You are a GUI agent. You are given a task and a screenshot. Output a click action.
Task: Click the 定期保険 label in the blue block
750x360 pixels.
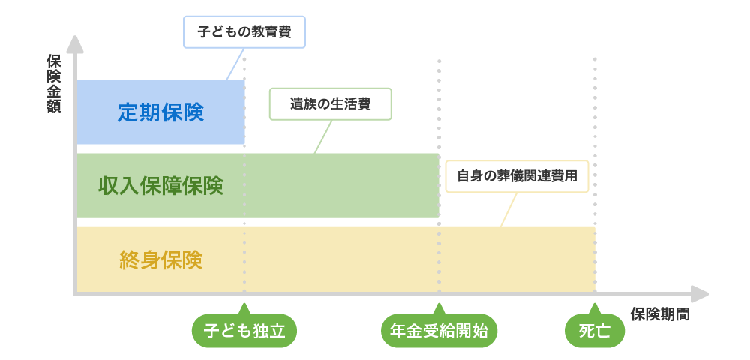click(x=161, y=112)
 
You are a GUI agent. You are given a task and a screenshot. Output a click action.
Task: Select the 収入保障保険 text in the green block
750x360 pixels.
click(x=161, y=186)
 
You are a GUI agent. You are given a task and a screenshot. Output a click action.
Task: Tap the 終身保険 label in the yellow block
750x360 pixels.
click(x=161, y=260)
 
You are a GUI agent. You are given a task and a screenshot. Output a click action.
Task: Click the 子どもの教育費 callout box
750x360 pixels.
click(x=244, y=32)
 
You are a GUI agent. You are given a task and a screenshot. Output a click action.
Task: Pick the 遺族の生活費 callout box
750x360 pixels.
click(x=331, y=103)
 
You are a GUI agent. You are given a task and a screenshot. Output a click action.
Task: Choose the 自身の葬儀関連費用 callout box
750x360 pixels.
click(x=517, y=176)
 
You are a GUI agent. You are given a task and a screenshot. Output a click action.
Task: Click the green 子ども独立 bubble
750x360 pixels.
click(x=244, y=330)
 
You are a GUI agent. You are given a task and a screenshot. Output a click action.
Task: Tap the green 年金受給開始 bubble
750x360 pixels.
click(x=439, y=330)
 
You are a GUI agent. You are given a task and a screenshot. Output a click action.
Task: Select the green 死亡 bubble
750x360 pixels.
click(x=595, y=330)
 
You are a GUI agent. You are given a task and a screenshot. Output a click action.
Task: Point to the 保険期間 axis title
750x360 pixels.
click(x=660, y=314)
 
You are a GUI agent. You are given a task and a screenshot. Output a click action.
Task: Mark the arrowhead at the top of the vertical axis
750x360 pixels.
click(x=74, y=44)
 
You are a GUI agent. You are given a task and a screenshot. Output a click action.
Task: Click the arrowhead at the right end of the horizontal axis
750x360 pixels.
click(x=699, y=294)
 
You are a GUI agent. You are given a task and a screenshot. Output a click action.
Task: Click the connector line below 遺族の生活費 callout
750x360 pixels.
click(x=323, y=136)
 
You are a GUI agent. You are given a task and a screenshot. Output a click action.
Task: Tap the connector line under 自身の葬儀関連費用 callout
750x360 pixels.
click(x=508, y=210)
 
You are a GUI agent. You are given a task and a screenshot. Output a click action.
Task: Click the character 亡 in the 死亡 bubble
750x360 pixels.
click(x=603, y=330)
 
